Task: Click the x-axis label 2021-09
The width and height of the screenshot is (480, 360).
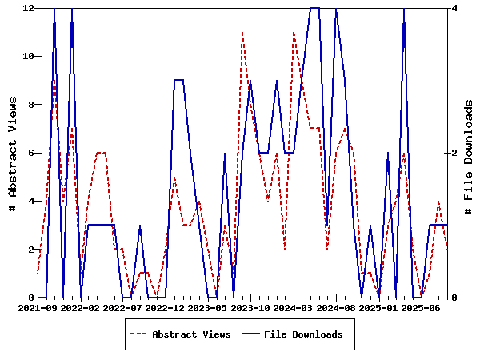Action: (38, 307)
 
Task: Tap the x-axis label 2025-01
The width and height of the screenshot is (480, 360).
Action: (379, 307)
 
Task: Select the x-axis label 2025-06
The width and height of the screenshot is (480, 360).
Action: (422, 307)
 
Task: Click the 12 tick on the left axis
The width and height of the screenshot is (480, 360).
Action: (28, 8)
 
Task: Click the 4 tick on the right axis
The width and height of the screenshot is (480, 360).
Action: (454, 8)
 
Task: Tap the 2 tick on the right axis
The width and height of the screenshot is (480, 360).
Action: (454, 153)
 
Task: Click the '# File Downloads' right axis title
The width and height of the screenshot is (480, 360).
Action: (469, 153)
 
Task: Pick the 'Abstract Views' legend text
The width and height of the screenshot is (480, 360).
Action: (191, 334)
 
